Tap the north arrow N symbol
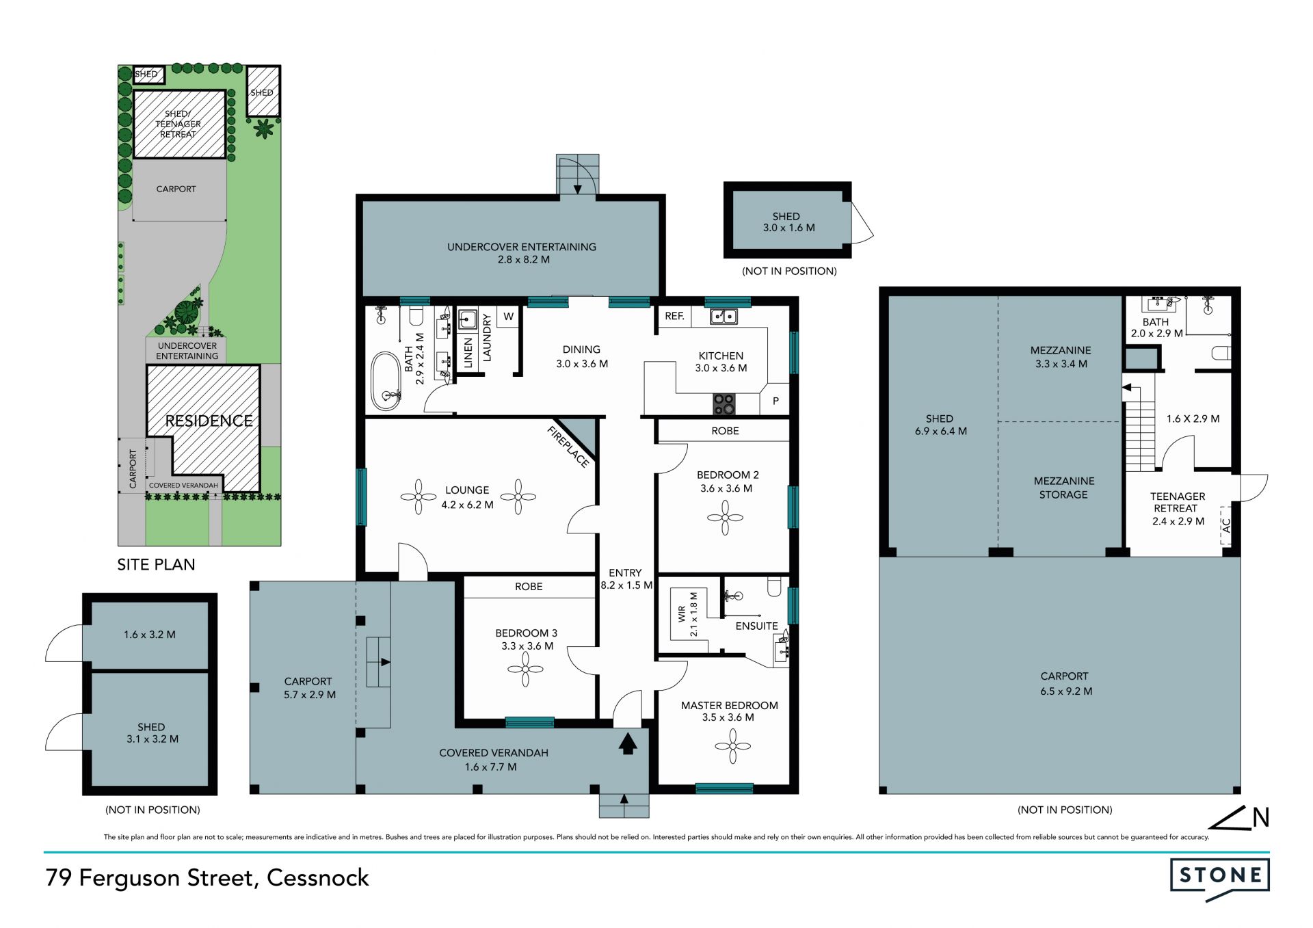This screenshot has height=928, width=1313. [x=1239, y=818]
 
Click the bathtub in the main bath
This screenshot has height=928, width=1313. [x=386, y=382]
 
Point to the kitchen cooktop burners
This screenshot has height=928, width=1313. [x=724, y=404]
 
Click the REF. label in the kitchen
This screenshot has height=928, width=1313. [x=674, y=316]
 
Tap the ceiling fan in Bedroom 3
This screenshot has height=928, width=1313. [x=525, y=668]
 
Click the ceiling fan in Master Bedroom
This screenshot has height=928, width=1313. [x=732, y=746]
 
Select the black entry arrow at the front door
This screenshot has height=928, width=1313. [x=628, y=743]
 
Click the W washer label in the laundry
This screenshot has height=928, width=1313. [x=508, y=317]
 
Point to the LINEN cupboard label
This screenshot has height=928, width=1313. [x=468, y=353]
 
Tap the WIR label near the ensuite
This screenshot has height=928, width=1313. [x=682, y=614]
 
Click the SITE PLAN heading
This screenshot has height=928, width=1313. [x=156, y=564]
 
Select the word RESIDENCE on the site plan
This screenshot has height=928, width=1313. [x=209, y=421]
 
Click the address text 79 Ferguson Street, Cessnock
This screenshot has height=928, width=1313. [x=207, y=878]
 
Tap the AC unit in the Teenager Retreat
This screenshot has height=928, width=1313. [x=1225, y=525]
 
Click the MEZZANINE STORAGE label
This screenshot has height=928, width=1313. [x=1063, y=488]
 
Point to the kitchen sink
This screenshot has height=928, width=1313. [x=723, y=316]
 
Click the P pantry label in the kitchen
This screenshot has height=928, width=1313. [x=775, y=401]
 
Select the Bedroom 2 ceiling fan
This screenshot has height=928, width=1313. [x=725, y=518]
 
